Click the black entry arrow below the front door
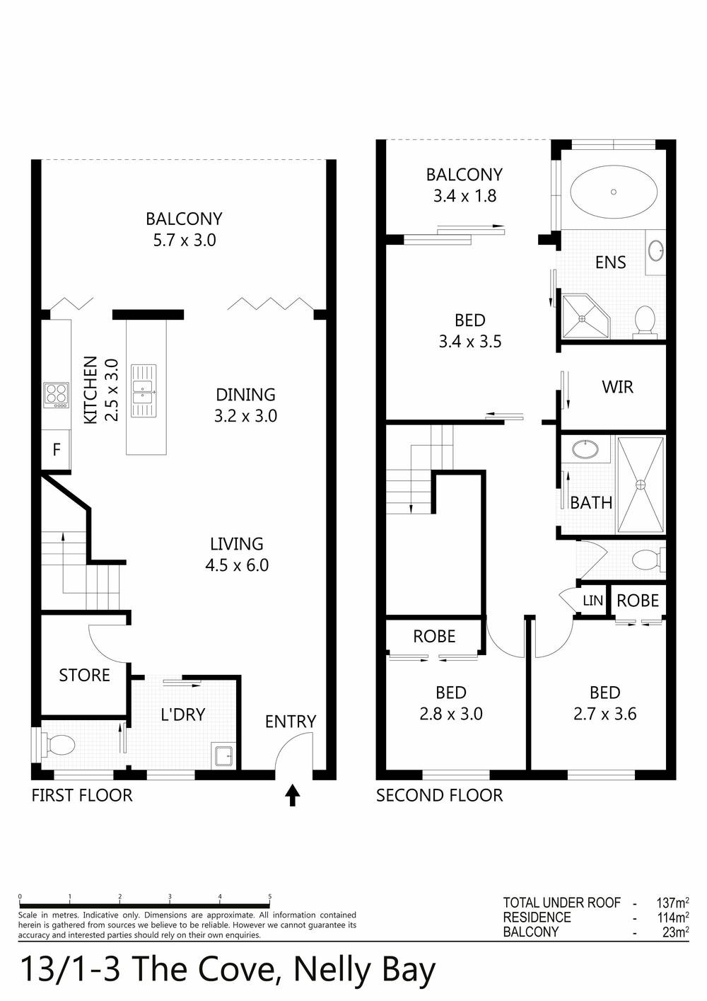[x=292, y=795]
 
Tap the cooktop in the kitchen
[x=56, y=395]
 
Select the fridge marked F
[x=57, y=449]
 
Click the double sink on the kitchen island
[x=143, y=390]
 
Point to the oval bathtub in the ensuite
[x=614, y=192]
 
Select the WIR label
[x=617, y=387]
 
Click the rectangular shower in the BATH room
[x=641, y=485]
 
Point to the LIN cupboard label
[x=592, y=601]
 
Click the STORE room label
[x=84, y=675]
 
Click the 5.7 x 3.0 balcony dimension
[x=185, y=240]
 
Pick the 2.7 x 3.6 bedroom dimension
[x=604, y=714]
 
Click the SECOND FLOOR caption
[x=439, y=795]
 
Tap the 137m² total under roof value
[x=672, y=903]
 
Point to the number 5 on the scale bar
[x=270, y=896]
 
